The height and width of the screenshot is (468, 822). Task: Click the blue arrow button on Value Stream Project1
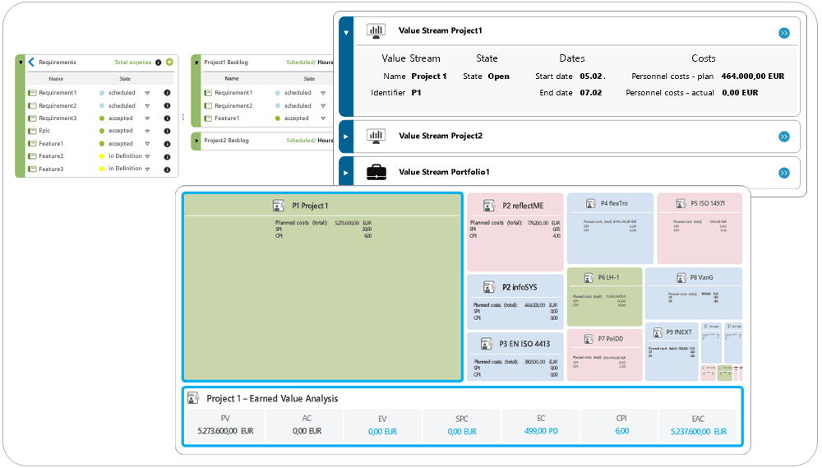[783, 33]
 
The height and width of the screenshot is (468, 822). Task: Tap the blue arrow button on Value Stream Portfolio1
[783, 173]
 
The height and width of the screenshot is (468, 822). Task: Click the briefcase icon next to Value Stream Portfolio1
[376, 173]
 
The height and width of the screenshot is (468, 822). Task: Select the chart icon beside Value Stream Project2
[376, 136]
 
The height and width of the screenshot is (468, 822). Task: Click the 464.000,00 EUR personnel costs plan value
[752, 76]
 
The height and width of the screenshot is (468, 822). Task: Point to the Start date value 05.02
[592, 76]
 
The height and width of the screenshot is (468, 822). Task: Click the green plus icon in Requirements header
[169, 63]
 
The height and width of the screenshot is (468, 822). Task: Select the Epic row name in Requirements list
[44, 131]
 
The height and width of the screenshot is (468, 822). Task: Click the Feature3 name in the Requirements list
[51, 169]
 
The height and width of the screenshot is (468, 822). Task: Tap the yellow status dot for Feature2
[102, 156]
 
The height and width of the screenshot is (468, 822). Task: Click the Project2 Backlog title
[226, 141]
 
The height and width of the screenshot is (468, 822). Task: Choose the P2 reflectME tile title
[523, 206]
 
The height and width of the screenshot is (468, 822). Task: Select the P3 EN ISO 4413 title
[524, 344]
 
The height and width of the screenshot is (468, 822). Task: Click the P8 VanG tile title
[701, 277]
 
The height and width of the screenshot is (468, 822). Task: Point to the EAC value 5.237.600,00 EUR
[697, 431]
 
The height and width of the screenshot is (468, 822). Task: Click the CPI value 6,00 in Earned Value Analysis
[621, 431]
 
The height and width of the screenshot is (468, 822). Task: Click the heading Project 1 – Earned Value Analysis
[272, 398]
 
